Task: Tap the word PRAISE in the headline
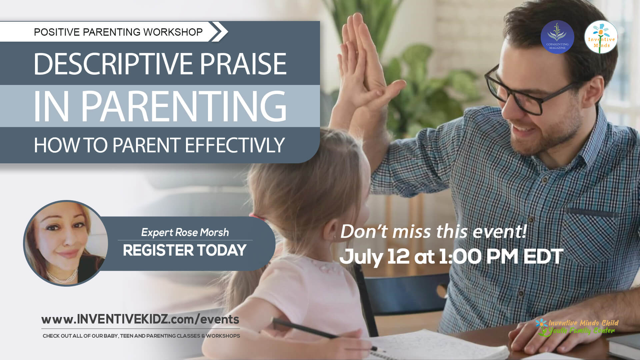coord(243,64)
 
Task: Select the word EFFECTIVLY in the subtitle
coord(235,145)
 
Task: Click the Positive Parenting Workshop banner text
coord(118,32)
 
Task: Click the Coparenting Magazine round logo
coord(557,37)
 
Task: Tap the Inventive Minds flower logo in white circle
coord(601,37)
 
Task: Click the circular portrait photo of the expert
coord(66,243)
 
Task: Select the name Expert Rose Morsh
coord(185,232)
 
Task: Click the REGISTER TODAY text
coord(185,250)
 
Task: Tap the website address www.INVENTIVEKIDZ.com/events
coord(140,319)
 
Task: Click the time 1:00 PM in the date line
coord(479,257)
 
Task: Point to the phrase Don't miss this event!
coord(433,231)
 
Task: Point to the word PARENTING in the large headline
coord(184,106)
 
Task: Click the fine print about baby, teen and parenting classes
coord(141,336)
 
